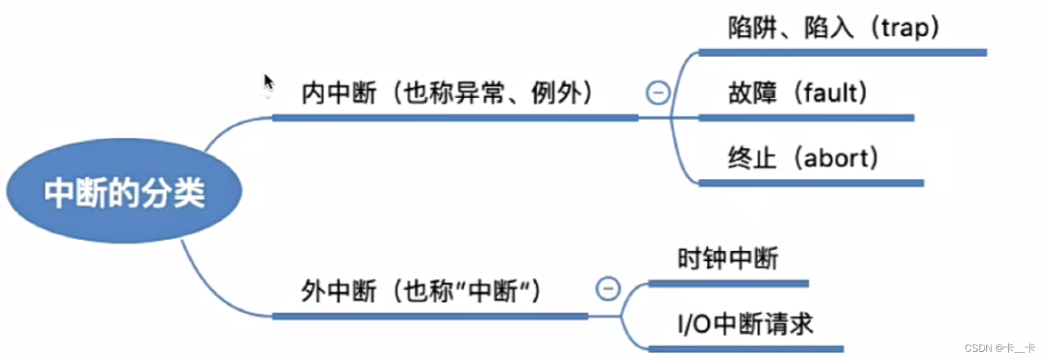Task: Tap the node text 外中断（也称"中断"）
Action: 421,292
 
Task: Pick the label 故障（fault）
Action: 797,94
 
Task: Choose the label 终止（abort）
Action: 804,158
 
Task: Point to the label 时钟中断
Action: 728,259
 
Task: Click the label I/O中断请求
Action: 745,324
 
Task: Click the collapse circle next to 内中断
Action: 657,93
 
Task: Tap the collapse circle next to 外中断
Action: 607,288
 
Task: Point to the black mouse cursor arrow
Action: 269,82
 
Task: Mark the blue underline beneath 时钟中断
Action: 728,283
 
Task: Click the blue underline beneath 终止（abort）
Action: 811,183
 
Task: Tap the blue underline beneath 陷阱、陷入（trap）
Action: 842,53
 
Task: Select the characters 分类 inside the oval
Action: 178,193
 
